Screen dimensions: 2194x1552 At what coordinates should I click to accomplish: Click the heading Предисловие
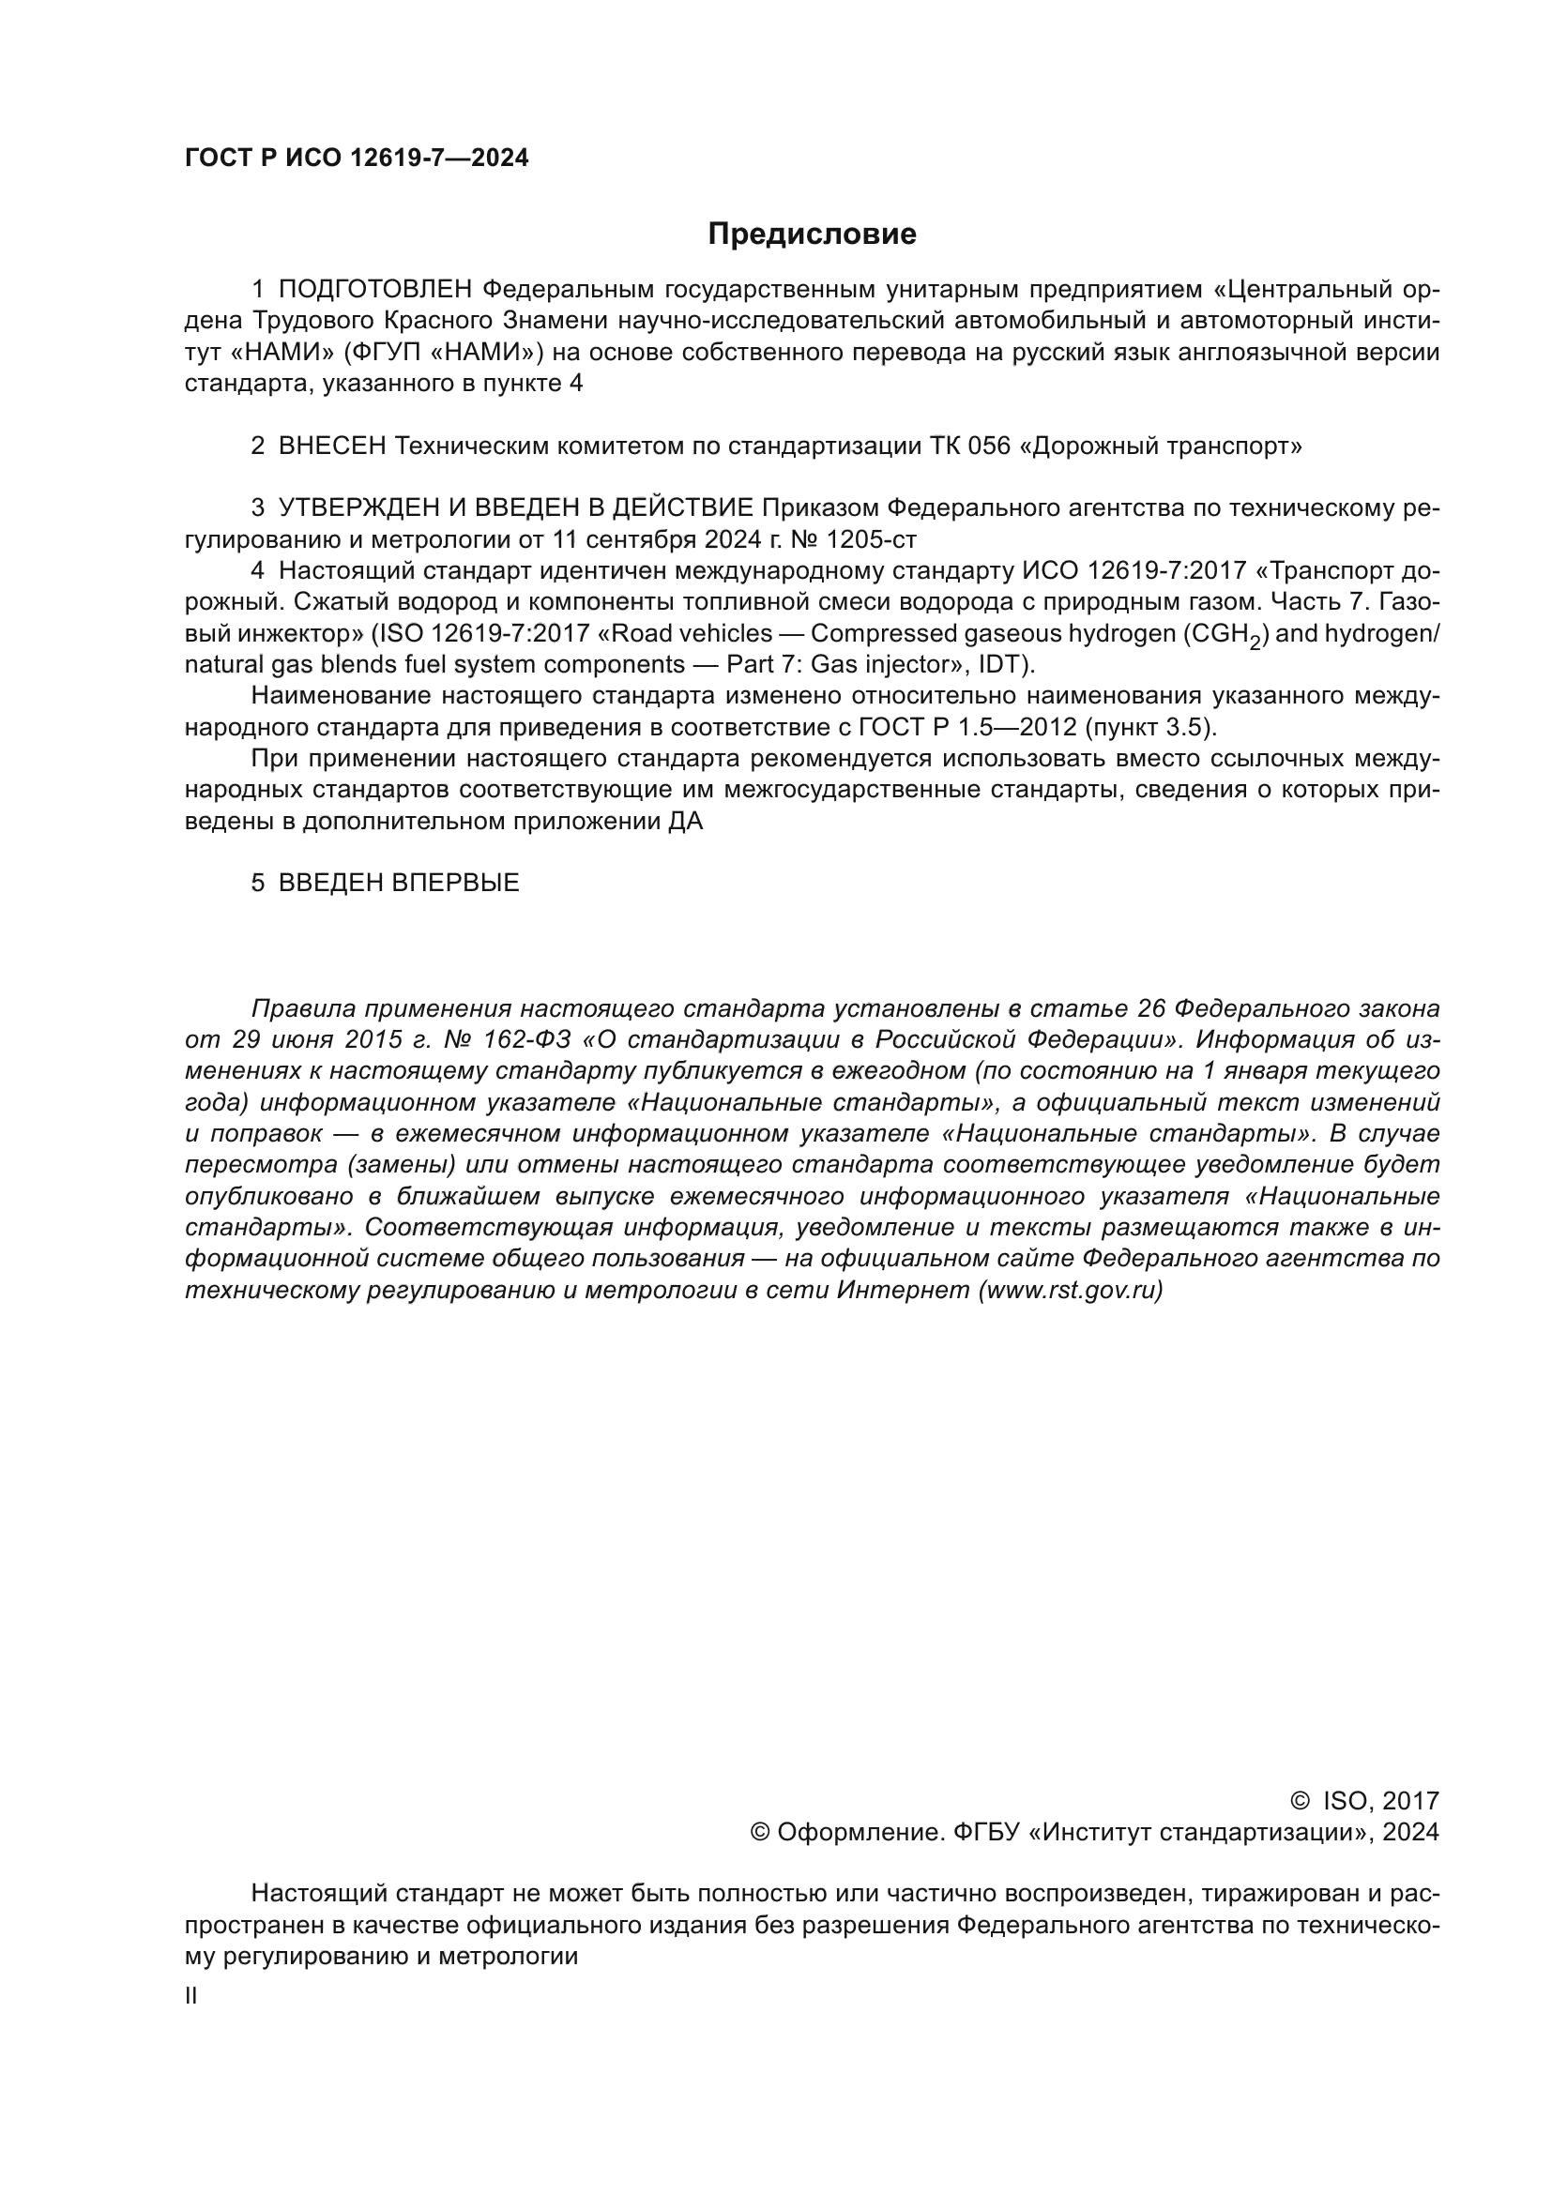click(812, 235)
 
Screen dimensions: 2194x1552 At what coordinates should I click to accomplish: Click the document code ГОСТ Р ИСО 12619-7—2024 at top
click(357, 159)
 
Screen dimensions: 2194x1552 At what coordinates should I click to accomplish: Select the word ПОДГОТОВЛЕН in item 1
click(374, 290)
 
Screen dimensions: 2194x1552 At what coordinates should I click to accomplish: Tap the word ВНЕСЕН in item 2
click(332, 446)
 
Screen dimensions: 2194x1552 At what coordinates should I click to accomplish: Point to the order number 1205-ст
click(871, 540)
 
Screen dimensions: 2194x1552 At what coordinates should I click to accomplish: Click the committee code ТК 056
click(969, 446)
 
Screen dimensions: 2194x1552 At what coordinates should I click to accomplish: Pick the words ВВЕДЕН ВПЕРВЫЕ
click(399, 883)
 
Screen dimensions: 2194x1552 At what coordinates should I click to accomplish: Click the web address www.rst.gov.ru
click(1071, 1291)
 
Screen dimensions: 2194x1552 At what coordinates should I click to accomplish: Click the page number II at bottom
click(191, 1996)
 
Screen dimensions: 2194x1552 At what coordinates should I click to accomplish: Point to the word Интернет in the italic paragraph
click(903, 1291)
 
